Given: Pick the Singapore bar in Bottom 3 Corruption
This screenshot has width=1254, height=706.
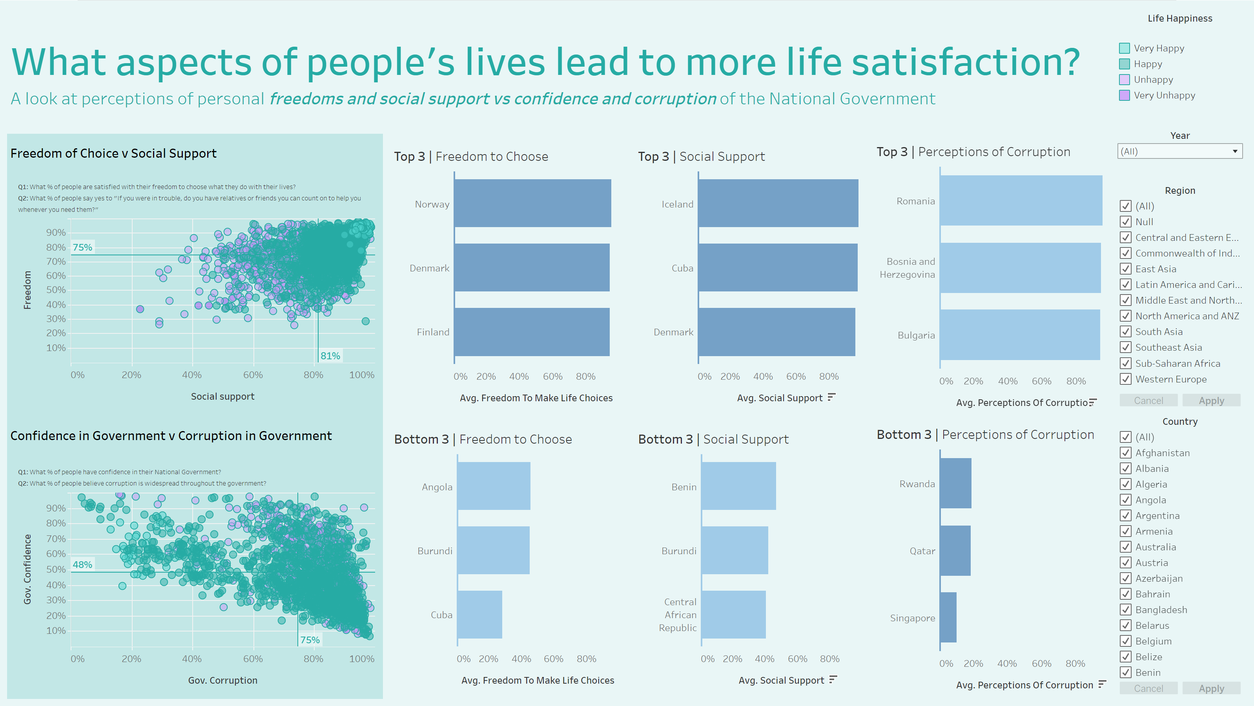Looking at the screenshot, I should coord(948,617).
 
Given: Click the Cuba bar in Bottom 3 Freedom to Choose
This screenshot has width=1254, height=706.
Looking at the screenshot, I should coord(479,614).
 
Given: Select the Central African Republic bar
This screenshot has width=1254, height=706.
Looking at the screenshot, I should coord(733,614).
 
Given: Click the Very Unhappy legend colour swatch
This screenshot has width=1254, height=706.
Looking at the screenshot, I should coord(1124,95).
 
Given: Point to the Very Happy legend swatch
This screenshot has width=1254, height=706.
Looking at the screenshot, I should coord(1124,48).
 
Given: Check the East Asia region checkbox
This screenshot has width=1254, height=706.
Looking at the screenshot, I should coord(1125,269).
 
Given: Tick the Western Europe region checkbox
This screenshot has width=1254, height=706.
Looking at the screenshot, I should coord(1125,378).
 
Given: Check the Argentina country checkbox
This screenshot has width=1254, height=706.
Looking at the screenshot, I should coord(1125,515).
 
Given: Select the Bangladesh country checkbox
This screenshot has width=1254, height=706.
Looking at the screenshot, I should coord(1125,609).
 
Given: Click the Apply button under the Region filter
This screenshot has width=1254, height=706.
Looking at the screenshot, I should coord(1211,400).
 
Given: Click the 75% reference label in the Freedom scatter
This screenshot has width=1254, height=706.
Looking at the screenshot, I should coord(82,247).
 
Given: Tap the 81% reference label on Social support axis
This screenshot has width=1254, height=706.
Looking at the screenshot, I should coord(330,356).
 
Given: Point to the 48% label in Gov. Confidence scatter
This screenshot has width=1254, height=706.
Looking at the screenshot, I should coord(82,564).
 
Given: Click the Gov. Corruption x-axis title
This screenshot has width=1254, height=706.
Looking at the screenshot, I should coord(222,680).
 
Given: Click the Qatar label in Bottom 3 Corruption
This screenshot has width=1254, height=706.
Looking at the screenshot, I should coord(922,551).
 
